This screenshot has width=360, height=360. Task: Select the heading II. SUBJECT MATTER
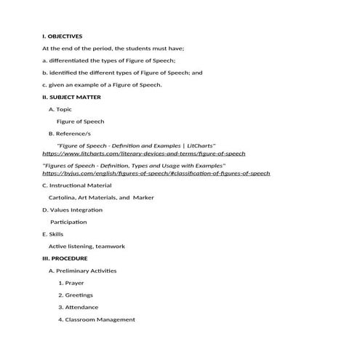coord(71,97)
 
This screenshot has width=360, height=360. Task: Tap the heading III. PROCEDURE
coord(65,258)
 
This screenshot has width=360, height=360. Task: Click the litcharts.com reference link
coord(144,154)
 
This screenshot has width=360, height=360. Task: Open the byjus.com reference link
coord(156,174)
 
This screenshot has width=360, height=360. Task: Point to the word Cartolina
coord(63,198)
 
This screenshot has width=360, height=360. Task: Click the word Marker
coord(143,198)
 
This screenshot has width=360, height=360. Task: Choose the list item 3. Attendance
coord(78,308)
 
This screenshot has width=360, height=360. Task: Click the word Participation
coord(68,223)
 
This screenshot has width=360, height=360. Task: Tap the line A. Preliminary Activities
coord(82,271)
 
